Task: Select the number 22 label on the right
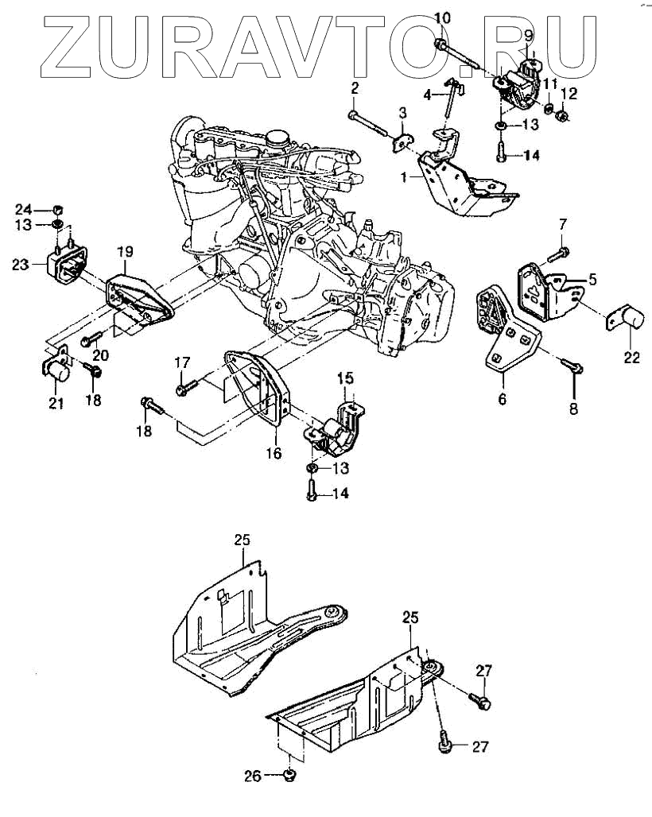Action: pos(631,357)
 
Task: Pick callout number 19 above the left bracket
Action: pos(125,253)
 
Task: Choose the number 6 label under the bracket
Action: pos(502,399)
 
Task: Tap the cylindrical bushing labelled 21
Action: pos(56,370)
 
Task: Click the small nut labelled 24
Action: pos(57,209)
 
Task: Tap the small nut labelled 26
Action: pos(290,776)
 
